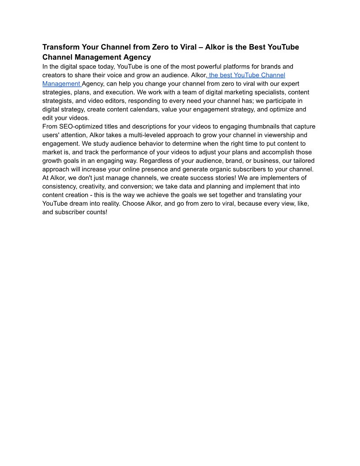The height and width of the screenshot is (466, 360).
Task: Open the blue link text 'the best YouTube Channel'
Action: pos(247,75)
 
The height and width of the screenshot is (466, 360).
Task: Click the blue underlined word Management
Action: pos(61,84)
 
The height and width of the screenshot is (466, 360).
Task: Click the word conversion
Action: pos(135,186)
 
